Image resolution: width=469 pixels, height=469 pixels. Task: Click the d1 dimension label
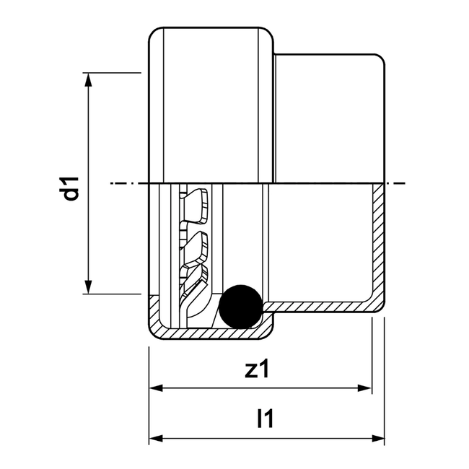coord(70,183)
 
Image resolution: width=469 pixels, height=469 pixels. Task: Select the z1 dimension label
coord(257,369)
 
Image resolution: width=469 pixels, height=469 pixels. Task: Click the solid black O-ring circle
coord(241,306)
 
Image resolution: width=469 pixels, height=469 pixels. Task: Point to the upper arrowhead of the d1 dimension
coord(89,79)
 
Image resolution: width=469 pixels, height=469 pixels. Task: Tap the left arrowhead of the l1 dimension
coord(156,438)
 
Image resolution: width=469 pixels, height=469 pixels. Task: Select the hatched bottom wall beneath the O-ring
coord(209,333)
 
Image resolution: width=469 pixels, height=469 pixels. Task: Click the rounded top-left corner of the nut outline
coord(153,32)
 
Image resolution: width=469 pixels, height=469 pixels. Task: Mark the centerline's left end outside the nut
coord(114,183)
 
